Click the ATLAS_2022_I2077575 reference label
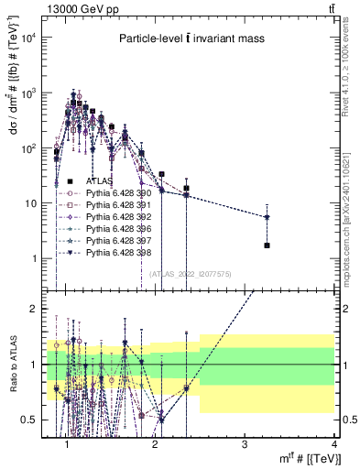pyautogui.click(x=189, y=272)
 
